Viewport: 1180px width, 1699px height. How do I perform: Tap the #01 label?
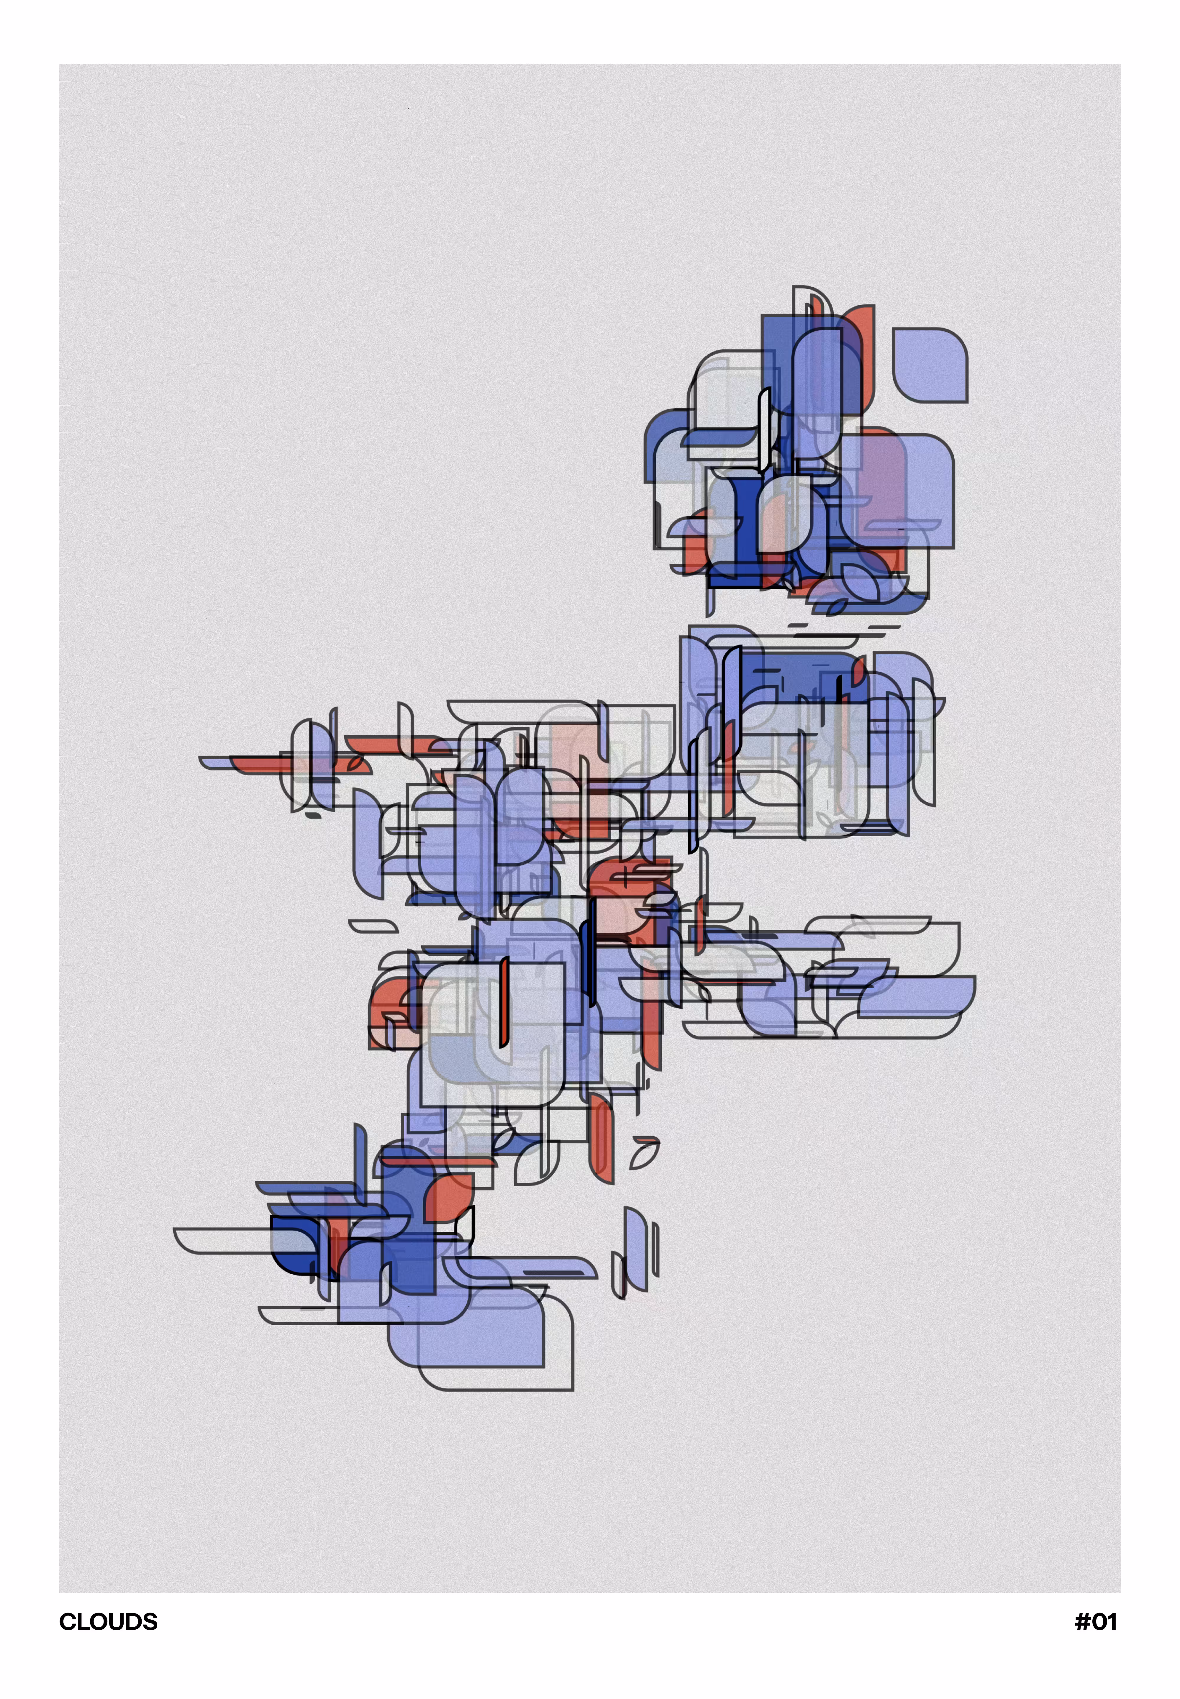point(1096,1621)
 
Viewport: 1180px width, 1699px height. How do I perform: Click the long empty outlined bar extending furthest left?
point(222,1241)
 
